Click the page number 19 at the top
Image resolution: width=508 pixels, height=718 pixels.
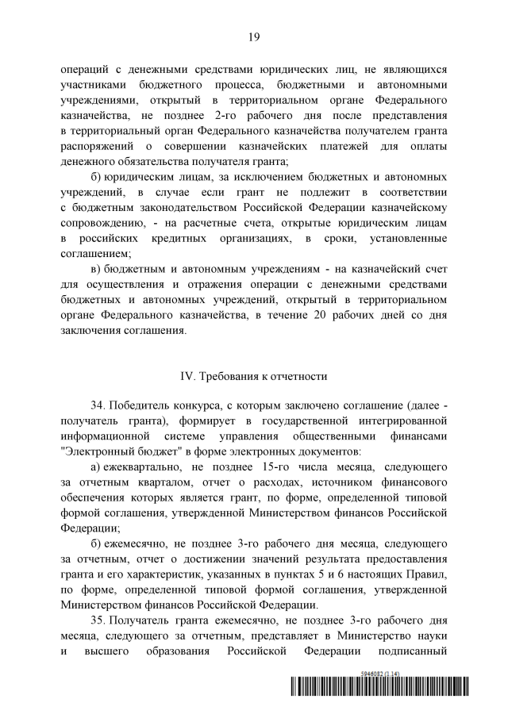click(254, 36)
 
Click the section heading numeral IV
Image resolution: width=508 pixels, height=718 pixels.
click(189, 375)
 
